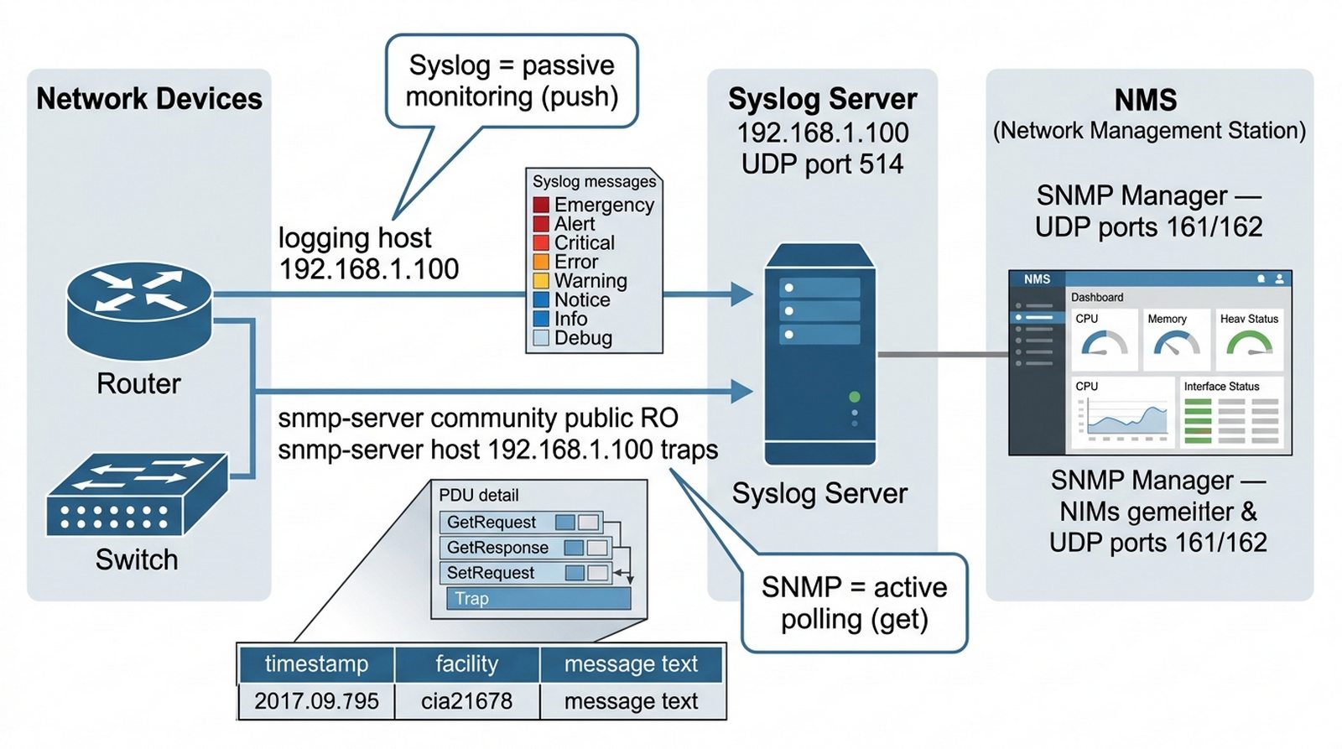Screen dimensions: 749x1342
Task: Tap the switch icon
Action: pyautogui.click(x=137, y=497)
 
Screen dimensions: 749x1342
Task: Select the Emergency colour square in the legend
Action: pyautogui.click(x=541, y=205)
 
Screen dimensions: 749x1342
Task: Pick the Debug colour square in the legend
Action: pyautogui.click(x=541, y=338)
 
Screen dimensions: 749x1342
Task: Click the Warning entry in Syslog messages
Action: pyautogui.click(x=590, y=281)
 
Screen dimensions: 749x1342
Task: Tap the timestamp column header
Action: pyautogui.click(x=316, y=664)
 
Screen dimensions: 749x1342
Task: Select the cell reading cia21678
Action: pyautogui.click(x=466, y=701)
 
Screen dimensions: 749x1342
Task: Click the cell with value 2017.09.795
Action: pyautogui.click(x=316, y=701)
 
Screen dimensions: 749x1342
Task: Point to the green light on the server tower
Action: pyautogui.click(x=854, y=397)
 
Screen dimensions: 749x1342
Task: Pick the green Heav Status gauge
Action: pyautogui.click(x=1250, y=342)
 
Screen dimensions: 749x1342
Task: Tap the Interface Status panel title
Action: pyautogui.click(x=1221, y=387)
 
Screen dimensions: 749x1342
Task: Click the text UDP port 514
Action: pyautogui.click(x=822, y=164)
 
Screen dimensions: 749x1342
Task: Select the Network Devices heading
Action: pyautogui.click(x=149, y=99)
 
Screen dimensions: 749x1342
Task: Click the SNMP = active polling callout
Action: pyautogui.click(x=854, y=603)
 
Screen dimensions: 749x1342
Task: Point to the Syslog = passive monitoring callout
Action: pyautogui.click(x=512, y=81)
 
